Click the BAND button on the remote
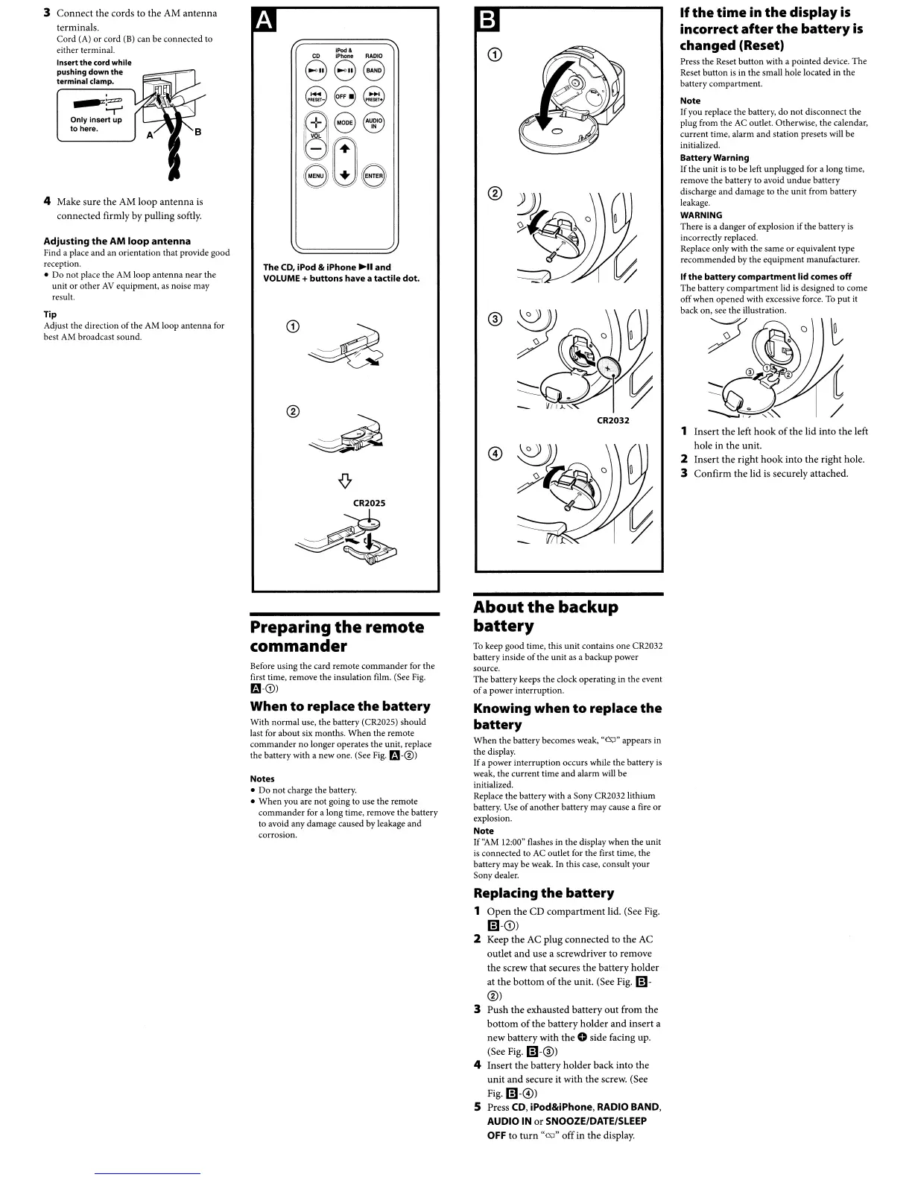pos(374,71)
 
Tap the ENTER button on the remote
pos(374,176)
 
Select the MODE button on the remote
pos(344,123)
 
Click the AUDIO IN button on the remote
pos(374,123)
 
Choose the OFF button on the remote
pos(343,96)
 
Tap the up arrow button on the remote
pos(344,149)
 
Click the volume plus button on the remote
pos(316,123)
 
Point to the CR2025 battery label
pos(369,503)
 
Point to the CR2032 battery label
pos(613,420)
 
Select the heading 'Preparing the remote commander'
pos(337,636)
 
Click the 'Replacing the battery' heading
pos(544,892)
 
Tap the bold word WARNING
pos(701,215)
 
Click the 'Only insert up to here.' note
pos(95,124)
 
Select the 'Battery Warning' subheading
pos(715,158)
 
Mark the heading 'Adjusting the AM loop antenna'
pos(117,241)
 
